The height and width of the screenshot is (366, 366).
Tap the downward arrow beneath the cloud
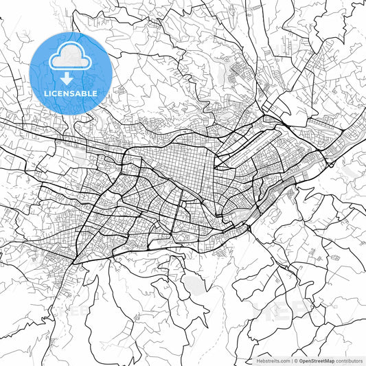[67, 78]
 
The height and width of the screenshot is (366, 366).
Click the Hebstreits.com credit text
[272, 360]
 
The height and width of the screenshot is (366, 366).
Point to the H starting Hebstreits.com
[258, 360]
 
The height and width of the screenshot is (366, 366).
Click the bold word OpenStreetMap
[317, 360]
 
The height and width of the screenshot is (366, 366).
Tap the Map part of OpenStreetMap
[329, 360]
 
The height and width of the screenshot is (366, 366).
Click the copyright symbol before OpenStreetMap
[296, 360]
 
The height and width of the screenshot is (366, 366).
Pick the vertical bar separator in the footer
[291, 360]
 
